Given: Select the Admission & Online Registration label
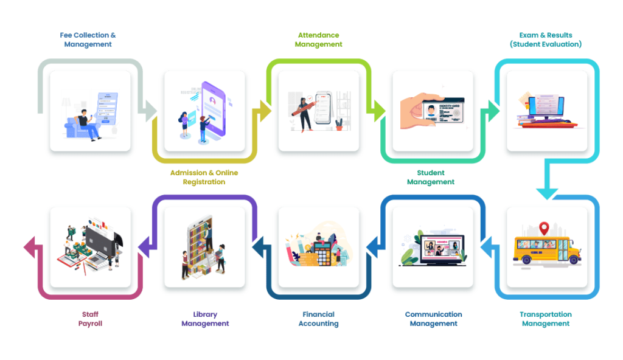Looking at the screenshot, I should pos(204,178).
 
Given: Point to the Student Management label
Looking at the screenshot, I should pos(431,178).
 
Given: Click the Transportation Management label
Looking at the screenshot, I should pos(546,319).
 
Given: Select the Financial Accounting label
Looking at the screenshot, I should pos(318,319).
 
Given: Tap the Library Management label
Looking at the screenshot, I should pos(205,319).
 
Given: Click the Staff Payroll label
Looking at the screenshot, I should pos(90,319).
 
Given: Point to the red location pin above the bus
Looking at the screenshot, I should pos(544,229).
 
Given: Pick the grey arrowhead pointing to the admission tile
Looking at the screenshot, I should pos(149,110).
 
